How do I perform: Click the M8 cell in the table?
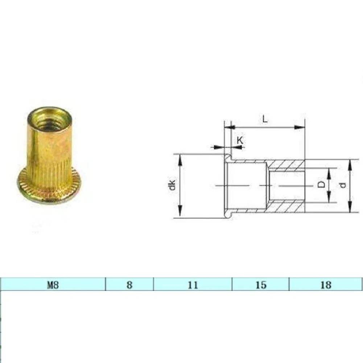(53, 284)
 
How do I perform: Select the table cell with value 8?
(129, 284)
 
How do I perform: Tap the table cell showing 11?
(193, 284)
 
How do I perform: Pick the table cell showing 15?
(261, 284)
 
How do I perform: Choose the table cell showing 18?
(326, 284)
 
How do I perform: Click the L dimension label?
(265, 119)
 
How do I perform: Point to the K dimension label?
(240, 140)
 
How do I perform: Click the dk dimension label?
(173, 185)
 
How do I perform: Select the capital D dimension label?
(321, 185)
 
